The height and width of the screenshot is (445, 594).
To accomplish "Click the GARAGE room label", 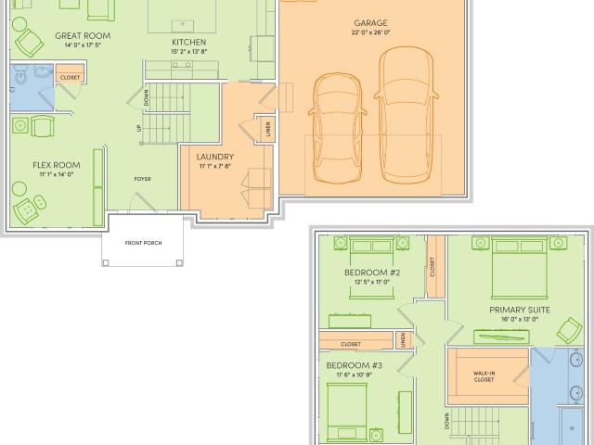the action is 370,23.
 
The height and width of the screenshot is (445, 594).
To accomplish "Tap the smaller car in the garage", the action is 337,128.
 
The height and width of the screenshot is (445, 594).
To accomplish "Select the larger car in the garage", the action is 407,115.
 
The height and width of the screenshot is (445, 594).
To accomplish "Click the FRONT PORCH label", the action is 143,243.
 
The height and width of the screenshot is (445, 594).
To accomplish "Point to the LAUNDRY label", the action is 214,157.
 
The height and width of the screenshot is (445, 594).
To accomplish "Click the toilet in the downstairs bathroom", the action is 20,75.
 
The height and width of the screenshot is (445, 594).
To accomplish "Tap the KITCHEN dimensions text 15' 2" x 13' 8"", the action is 189,52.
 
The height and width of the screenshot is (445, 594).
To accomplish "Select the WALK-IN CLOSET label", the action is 484,376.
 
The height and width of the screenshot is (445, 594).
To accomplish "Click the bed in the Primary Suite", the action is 520,268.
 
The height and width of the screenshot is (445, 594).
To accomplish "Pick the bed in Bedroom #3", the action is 347,412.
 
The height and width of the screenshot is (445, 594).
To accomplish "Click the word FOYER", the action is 142,179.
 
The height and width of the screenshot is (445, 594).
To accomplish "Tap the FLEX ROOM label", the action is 57,165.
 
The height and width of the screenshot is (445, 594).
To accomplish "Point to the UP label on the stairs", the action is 139,128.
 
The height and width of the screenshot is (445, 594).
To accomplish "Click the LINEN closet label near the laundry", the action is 268,129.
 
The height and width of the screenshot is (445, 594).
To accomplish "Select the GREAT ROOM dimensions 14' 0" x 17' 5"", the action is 83,45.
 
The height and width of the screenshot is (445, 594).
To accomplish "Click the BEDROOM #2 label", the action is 372,273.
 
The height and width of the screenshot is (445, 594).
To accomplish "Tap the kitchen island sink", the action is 183,26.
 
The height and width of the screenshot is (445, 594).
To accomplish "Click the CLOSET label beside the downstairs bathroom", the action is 71,78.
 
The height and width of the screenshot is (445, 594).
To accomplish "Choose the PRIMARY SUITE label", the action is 520,310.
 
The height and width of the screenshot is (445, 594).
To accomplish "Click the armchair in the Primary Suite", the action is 569,330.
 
